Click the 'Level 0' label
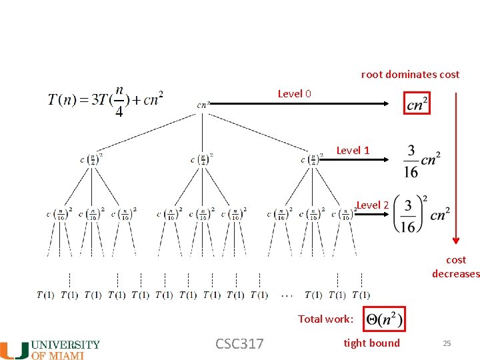[x=294, y=94]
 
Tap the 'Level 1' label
[x=353, y=151]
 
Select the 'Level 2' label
[x=373, y=205]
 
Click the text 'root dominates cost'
[x=410, y=75]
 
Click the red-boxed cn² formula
[x=417, y=103]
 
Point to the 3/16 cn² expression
[x=421, y=161]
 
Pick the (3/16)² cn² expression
[x=421, y=213]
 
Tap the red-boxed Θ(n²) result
[x=384, y=319]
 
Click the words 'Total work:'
[x=326, y=319]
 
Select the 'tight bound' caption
[x=371, y=343]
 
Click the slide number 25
[x=447, y=343]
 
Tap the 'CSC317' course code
[x=239, y=344]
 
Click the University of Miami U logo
[x=14, y=350]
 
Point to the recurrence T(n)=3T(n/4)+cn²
[x=105, y=100]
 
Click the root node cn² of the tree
[x=204, y=105]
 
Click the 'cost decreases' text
[x=456, y=267]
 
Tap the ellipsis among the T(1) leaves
[x=287, y=295]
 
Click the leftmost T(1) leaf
[x=45, y=295]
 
